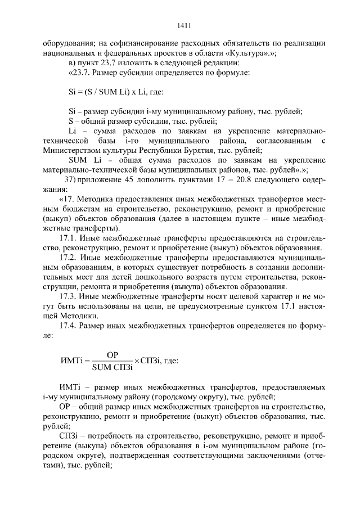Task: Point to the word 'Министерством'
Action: (71, 150)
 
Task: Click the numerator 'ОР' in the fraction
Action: (112, 355)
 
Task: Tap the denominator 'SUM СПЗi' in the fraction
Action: (112, 367)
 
